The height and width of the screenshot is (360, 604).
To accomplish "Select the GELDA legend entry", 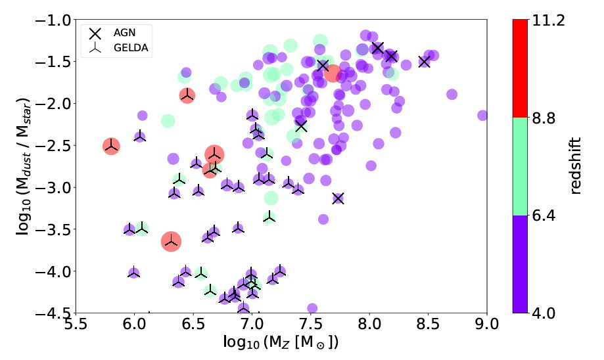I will click(x=116, y=49).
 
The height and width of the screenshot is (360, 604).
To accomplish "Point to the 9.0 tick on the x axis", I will click(x=487, y=313).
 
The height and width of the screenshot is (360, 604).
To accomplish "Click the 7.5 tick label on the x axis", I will click(x=310, y=324).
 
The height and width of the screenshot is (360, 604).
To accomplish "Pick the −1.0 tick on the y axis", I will click(x=76, y=20).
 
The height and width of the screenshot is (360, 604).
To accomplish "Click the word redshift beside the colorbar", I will click(x=576, y=166).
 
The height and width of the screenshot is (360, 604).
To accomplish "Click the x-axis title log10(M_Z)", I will click(x=281, y=343).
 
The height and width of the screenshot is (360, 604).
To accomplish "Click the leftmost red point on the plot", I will click(x=111, y=146).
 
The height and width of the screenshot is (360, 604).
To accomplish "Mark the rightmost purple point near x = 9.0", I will click(x=483, y=116).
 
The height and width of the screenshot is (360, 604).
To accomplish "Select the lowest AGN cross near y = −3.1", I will click(x=338, y=198).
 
